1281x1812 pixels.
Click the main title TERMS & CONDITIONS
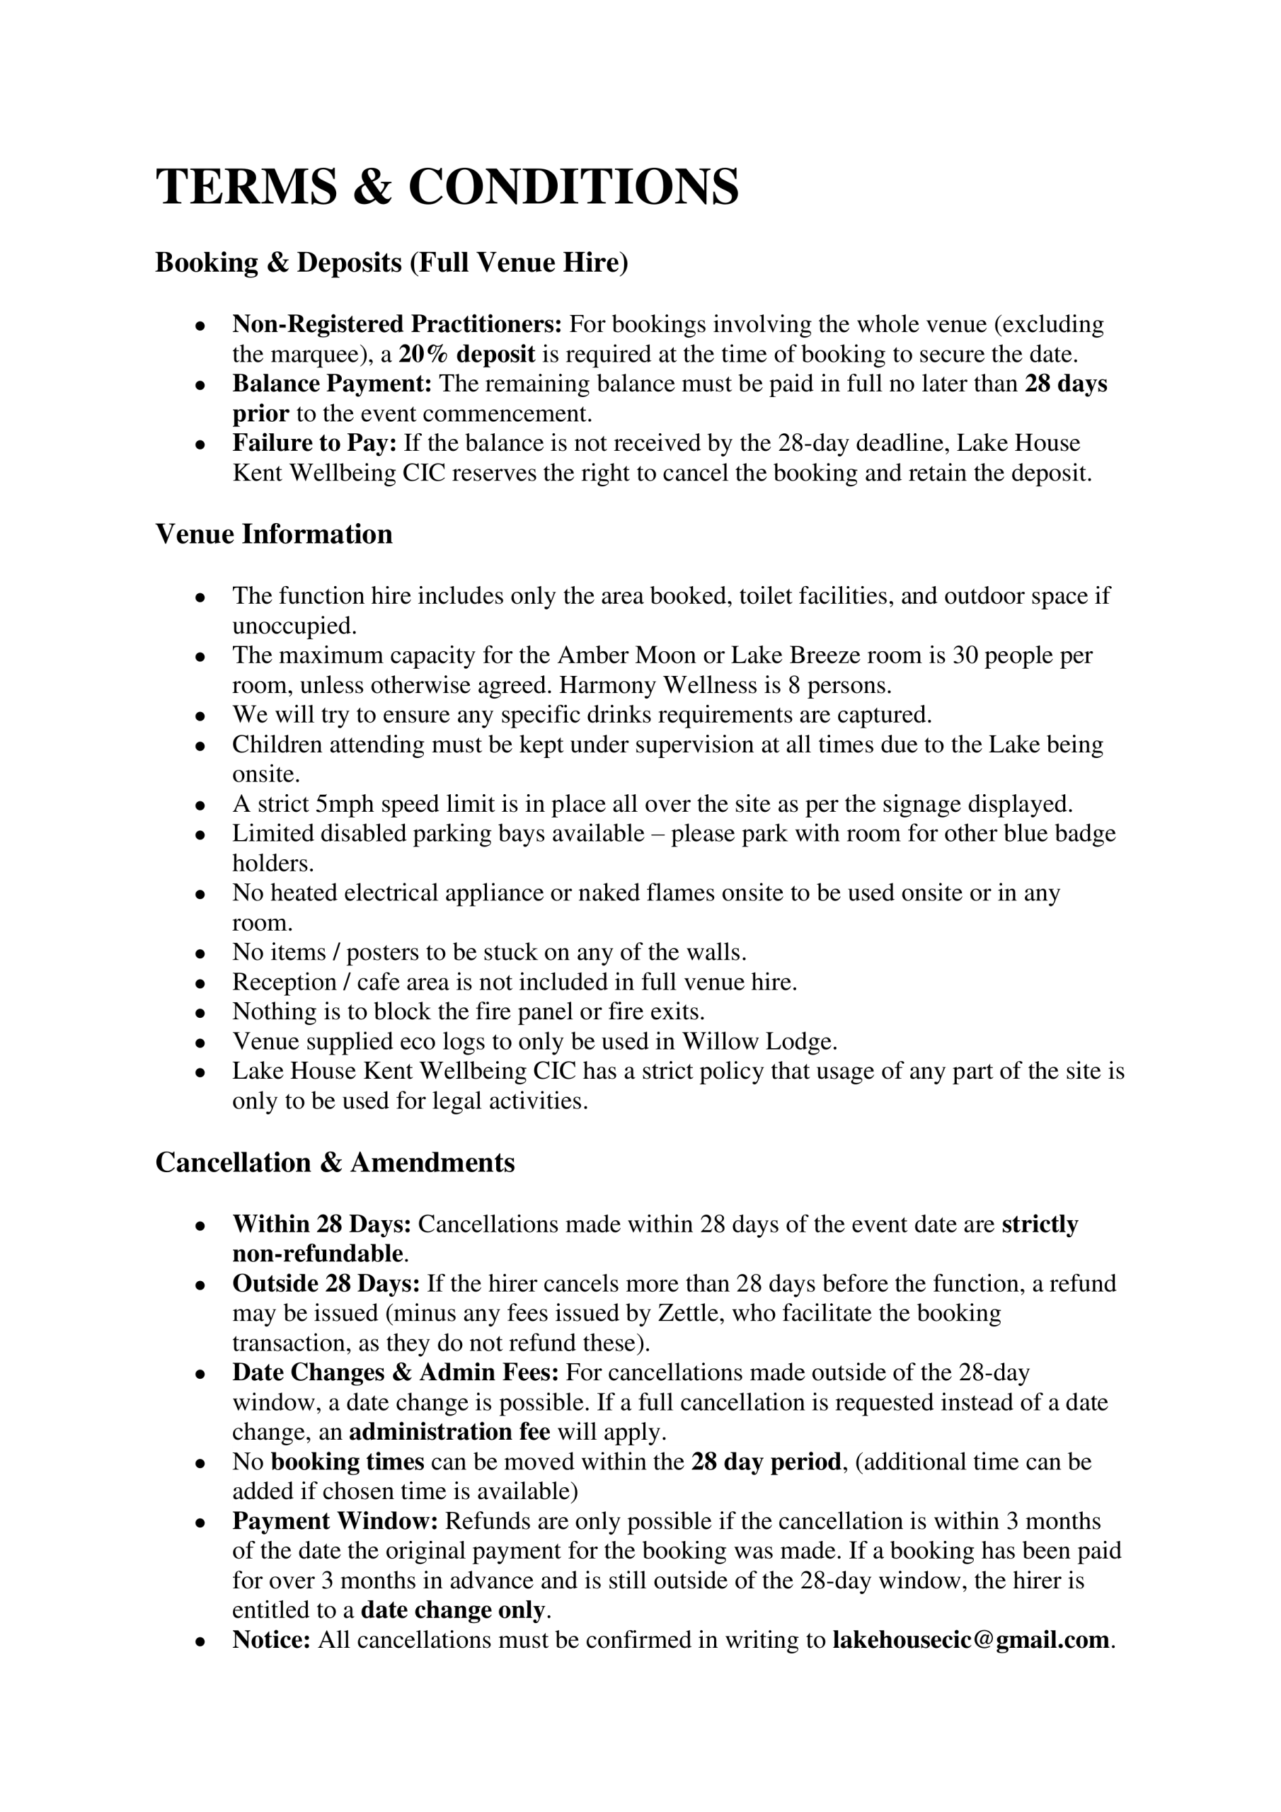(447, 187)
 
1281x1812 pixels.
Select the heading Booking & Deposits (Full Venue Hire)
(391, 262)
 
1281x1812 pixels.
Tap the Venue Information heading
(274, 534)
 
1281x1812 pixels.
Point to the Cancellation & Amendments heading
(335, 1162)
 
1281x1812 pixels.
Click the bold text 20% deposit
(467, 355)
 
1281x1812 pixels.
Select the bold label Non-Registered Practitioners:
(397, 324)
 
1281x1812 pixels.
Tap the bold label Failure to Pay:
(314, 444)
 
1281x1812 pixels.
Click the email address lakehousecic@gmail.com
(971, 1640)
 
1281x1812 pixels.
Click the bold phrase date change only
(453, 1610)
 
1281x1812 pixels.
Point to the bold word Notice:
(272, 1640)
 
